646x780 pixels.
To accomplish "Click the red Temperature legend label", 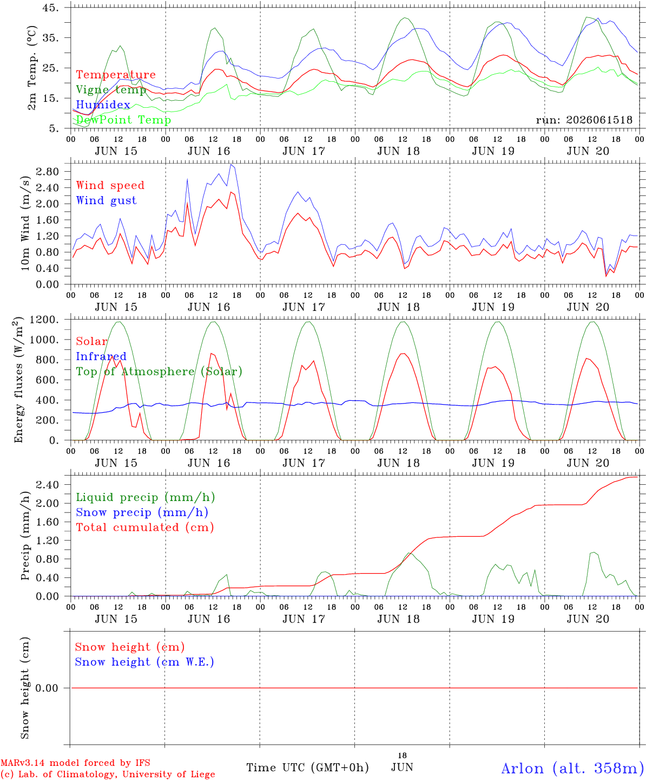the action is pyautogui.click(x=116, y=75).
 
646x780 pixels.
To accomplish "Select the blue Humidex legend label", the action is pyautogui.click(x=103, y=105).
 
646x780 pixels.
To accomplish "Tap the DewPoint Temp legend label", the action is pyautogui.click(x=123, y=120).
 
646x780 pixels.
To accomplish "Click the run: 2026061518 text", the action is pyautogui.click(x=584, y=120).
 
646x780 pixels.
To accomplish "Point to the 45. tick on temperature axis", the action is pyautogui.click(x=51, y=8).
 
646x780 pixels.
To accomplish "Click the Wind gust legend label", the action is pyautogui.click(x=107, y=200).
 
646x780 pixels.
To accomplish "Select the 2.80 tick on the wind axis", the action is pyautogui.click(x=48, y=172).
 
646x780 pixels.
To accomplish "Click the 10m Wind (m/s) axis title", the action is pyautogui.click(x=25, y=223).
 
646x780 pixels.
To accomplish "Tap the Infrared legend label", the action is pyautogui.click(x=101, y=356).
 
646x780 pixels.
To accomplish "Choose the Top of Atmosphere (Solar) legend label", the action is pyautogui.click(x=160, y=372).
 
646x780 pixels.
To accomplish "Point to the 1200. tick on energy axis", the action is pyautogui.click(x=44, y=320).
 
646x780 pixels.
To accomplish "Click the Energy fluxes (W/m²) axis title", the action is pyautogui.click(x=18, y=380).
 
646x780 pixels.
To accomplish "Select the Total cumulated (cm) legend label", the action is pyautogui.click(x=145, y=528).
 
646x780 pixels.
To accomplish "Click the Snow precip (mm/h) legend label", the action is pyautogui.click(x=142, y=512).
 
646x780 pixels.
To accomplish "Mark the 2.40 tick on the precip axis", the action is pyautogui.click(x=48, y=485).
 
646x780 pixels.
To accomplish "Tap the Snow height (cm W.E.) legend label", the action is pyautogui.click(x=144, y=662).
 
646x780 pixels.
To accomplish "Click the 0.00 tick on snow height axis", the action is pyautogui.click(x=47, y=688).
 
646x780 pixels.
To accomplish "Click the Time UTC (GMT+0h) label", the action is pyautogui.click(x=307, y=768).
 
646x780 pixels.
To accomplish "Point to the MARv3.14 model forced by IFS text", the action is pyautogui.click(x=75, y=763).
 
